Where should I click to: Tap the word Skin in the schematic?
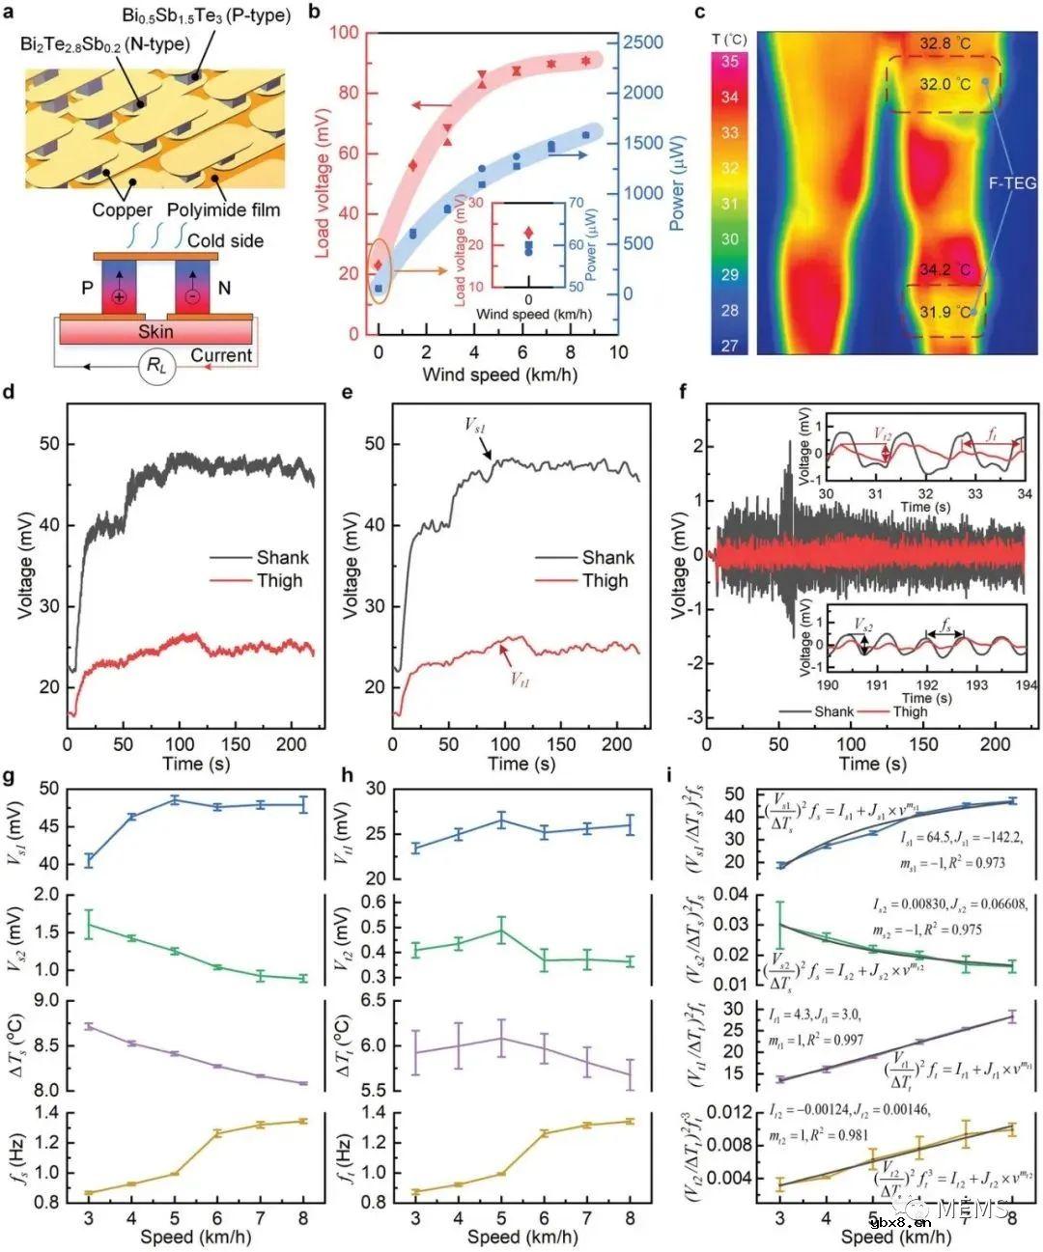[155, 331]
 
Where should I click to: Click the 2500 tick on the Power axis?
[642, 42]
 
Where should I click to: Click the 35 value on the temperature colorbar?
[729, 62]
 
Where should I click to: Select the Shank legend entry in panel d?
[282, 557]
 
